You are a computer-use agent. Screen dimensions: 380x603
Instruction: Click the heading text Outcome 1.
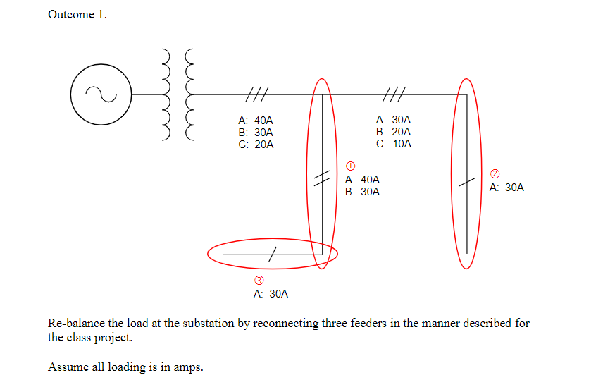[x=77, y=14]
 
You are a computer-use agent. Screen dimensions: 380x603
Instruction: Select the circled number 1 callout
[x=350, y=166]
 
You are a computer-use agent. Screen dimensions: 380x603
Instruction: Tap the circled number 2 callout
[x=495, y=173]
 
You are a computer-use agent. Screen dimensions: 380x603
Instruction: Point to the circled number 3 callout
[x=259, y=280]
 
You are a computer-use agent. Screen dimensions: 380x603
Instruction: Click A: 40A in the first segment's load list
[x=256, y=120]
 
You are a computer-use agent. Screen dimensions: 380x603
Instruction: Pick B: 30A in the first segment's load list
[x=256, y=132]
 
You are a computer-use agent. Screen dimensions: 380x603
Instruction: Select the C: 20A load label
[x=256, y=145]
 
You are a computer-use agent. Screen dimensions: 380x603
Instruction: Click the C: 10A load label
[x=394, y=144]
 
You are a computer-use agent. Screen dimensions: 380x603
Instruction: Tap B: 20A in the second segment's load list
[x=394, y=132]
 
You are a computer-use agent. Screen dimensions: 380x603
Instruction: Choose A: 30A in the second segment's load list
[x=394, y=120]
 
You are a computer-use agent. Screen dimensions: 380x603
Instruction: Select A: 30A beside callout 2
[x=506, y=188]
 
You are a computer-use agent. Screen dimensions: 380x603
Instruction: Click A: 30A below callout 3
[x=271, y=294]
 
